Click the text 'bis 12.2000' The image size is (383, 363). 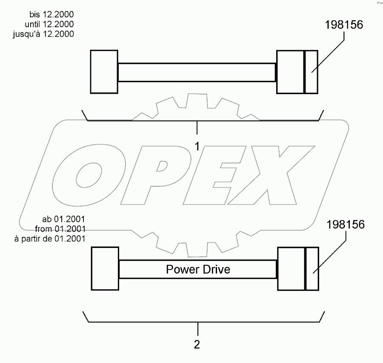pyautogui.click(x=51, y=14)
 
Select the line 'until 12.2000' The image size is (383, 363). pyautogui.click(x=49, y=24)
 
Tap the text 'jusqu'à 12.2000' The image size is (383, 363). pyautogui.click(x=43, y=34)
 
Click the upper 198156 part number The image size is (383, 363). pyautogui.click(x=344, y=25)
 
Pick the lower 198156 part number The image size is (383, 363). pyautogui.click(x=346, y=225)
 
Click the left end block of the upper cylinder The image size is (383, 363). pyautogui.click(x=104, y=72)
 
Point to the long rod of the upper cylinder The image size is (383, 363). pyautogui.click(x=197, y=72)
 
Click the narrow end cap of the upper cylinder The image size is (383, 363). pyautogui.click(x=312, y=72)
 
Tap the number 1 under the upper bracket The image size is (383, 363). pyautogui.click(x=197, y=146)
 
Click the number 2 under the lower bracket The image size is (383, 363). pyautogui.click(x=197, y=344)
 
